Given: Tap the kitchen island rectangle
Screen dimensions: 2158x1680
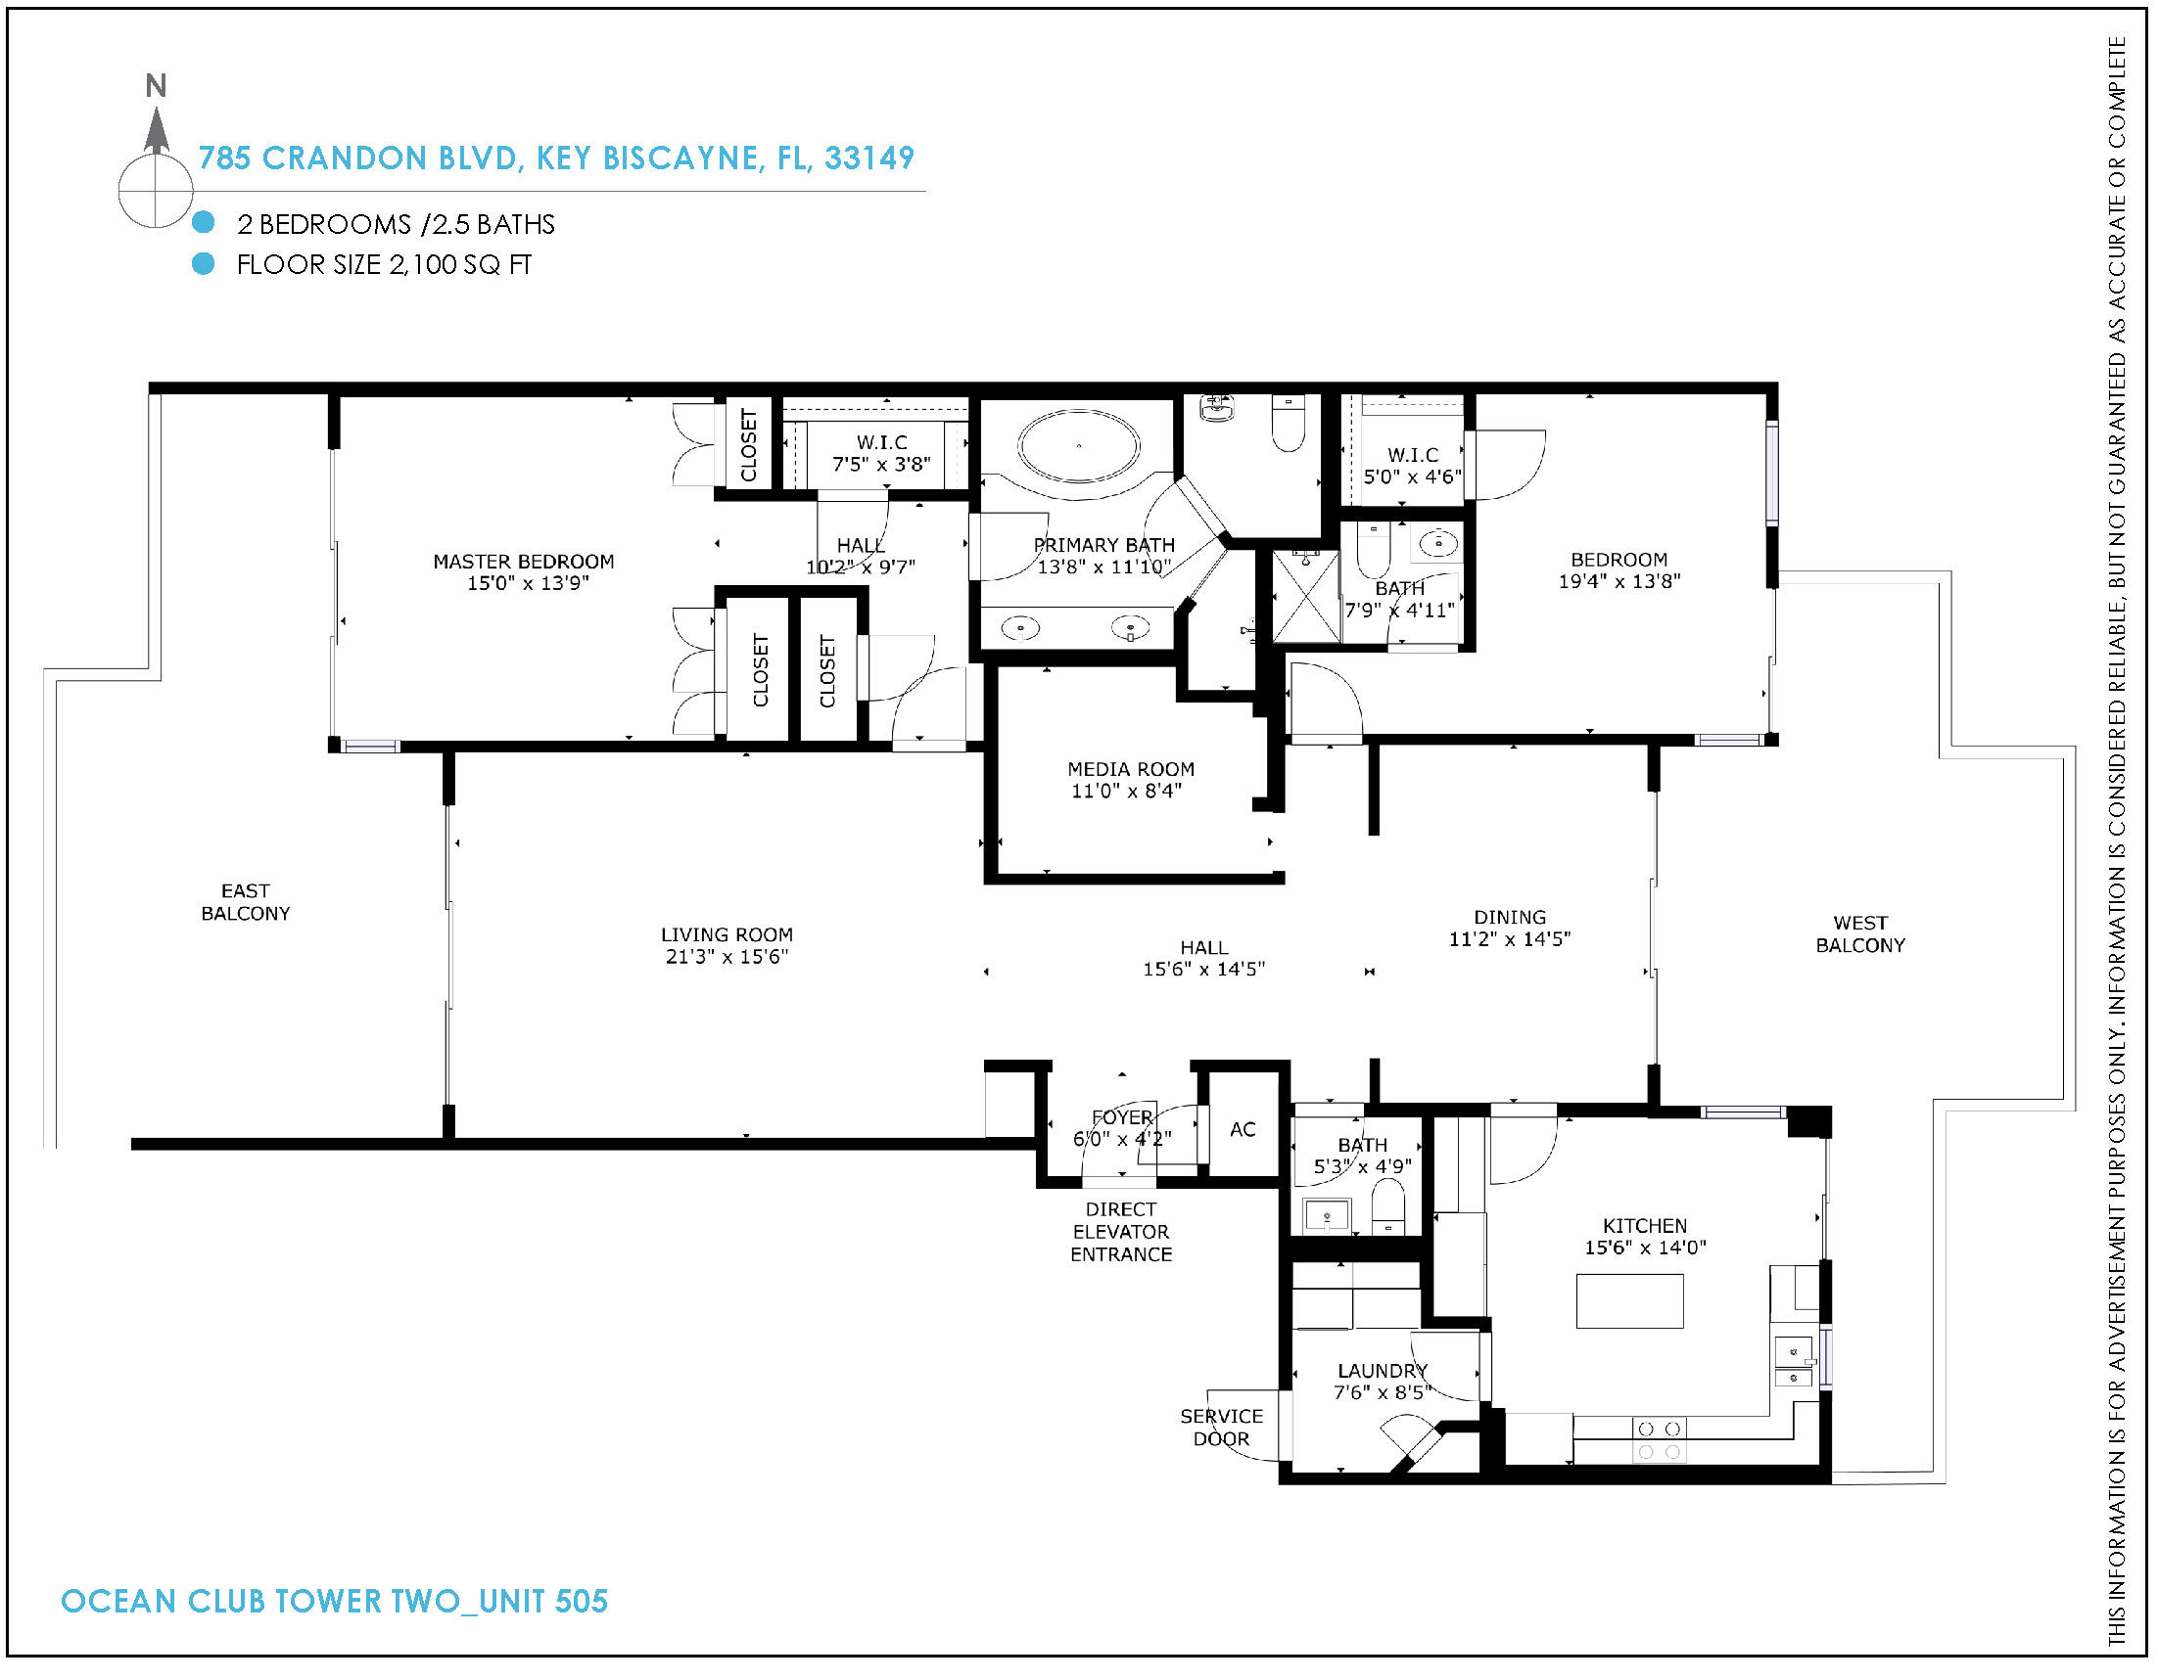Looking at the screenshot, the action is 1629,1300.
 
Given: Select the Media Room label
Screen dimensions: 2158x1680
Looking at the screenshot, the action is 1130,769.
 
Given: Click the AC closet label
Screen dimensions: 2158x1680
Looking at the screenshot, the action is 1243,1129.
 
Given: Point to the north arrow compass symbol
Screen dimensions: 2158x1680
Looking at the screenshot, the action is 156,159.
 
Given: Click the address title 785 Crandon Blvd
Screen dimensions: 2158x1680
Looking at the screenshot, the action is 556,159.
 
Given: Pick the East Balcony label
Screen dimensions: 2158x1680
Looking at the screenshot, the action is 245,903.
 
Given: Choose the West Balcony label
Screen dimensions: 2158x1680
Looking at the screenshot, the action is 1860,934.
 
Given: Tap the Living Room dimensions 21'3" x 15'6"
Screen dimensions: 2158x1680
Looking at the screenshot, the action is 727,956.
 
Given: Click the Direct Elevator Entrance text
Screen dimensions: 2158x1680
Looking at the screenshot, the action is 1121,1232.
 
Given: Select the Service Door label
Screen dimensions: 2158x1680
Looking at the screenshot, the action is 1221,1428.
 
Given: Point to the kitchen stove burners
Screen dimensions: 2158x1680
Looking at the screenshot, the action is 1659,1440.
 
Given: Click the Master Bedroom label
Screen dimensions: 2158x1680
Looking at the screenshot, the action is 524,562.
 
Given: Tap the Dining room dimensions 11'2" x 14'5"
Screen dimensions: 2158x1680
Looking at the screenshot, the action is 1510,939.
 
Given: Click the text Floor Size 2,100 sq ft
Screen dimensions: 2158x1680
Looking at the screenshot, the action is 385,265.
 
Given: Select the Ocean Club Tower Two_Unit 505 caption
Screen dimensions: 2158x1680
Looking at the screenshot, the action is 334,1601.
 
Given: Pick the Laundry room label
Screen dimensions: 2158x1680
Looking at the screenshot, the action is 1383,1371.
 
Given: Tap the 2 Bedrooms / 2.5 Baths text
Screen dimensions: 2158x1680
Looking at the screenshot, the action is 397,224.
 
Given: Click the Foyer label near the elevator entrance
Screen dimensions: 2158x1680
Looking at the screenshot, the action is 1122,1117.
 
